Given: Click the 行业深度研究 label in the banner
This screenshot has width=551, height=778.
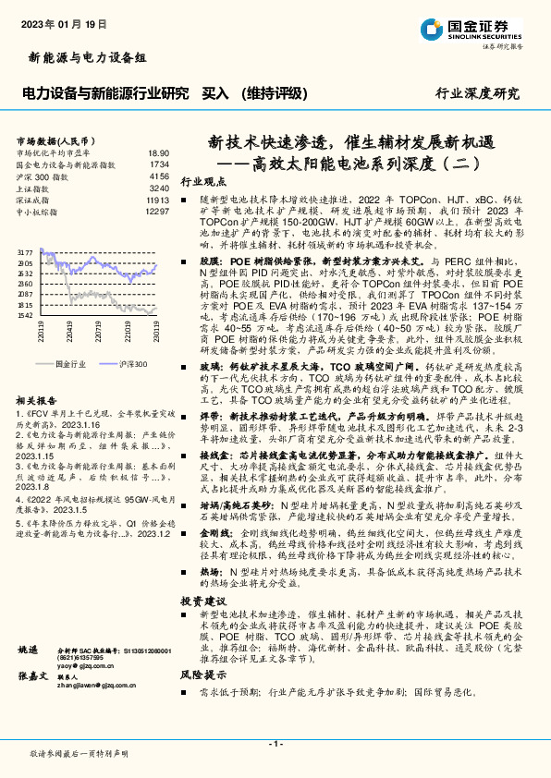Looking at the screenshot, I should point(477,93).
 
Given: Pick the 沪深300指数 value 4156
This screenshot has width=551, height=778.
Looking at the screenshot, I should point(159,175).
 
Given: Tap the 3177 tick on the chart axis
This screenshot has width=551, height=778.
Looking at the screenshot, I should point(25,251).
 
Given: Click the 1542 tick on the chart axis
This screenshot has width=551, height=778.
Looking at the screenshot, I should point(25,315).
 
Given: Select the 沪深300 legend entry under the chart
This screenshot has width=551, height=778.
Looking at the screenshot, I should point(133,363).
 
